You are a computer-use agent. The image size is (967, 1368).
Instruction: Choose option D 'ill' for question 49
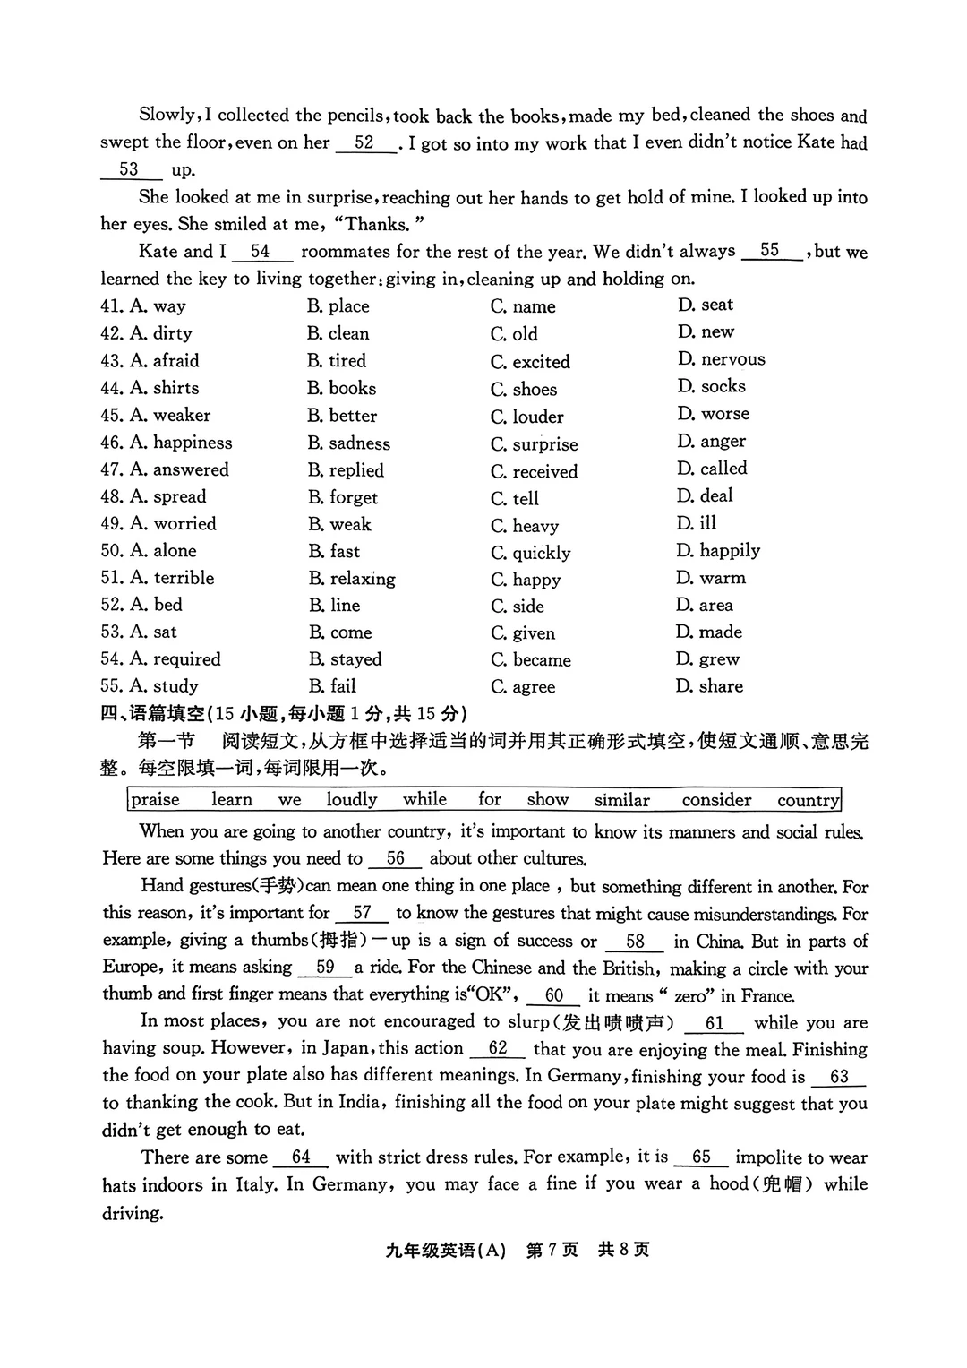coord(697,523)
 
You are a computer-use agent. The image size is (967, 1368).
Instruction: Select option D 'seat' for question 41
coord(706,305)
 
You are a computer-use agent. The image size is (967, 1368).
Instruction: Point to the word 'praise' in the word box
coord(156,800)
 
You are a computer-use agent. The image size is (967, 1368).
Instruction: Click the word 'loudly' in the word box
coord(352,800)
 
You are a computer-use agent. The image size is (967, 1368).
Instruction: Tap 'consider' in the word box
coord(716,800)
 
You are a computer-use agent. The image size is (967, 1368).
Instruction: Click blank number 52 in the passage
coord(365,143)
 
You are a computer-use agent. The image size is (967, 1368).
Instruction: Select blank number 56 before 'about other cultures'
coord(396,858)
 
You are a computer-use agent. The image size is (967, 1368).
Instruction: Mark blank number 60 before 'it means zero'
coord(555,995)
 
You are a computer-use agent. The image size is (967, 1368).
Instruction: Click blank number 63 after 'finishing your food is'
coord(839,1077)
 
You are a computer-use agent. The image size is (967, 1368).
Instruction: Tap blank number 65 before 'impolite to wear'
coord(701,1157)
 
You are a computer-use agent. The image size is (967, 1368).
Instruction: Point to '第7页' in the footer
coord(552,1250)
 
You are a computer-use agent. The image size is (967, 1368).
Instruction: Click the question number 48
coord(111,496)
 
